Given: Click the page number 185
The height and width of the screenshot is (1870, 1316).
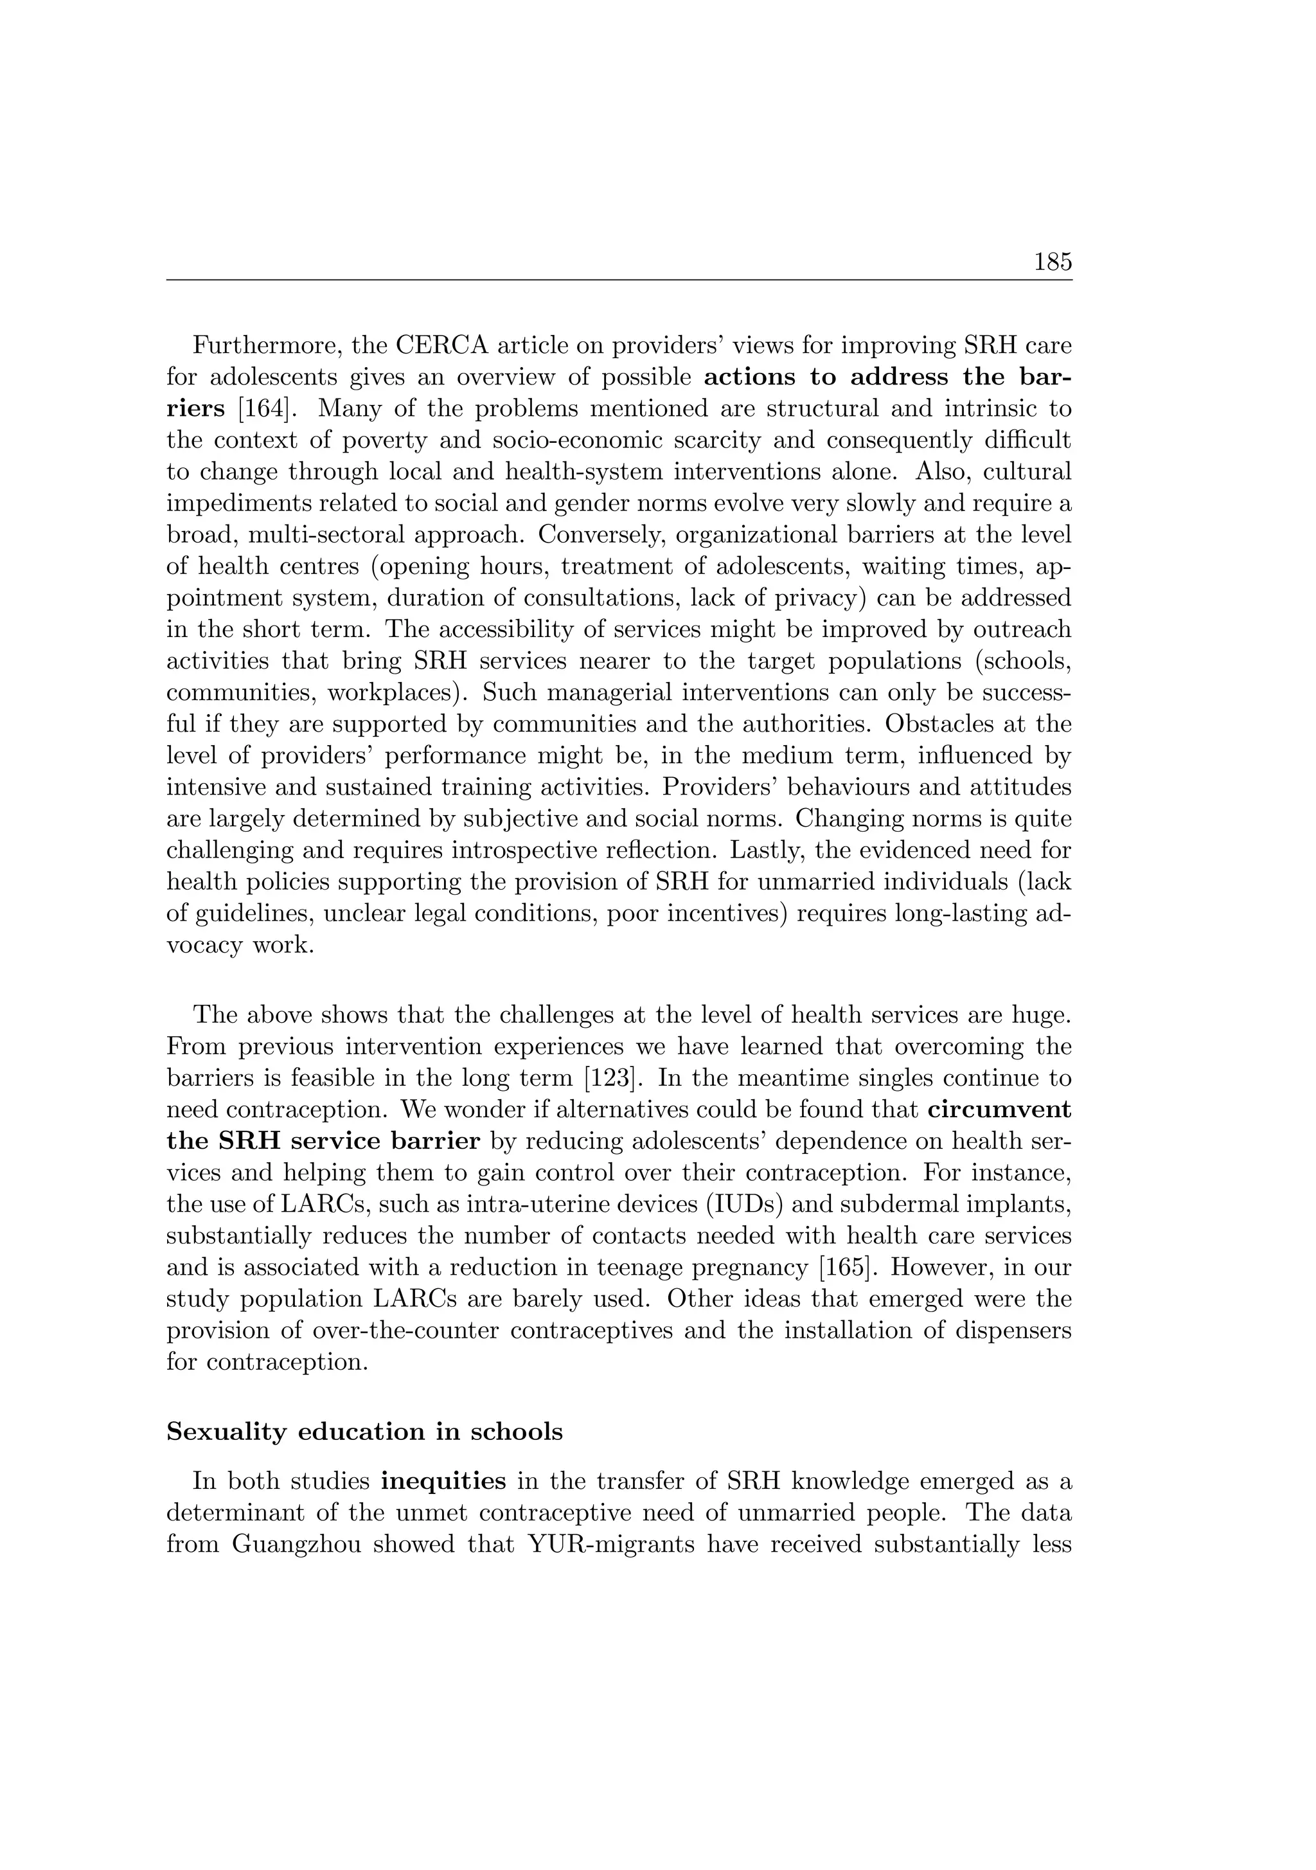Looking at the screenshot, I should (1053, 262).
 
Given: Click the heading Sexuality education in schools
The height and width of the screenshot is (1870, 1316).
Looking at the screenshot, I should (364, 1431).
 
